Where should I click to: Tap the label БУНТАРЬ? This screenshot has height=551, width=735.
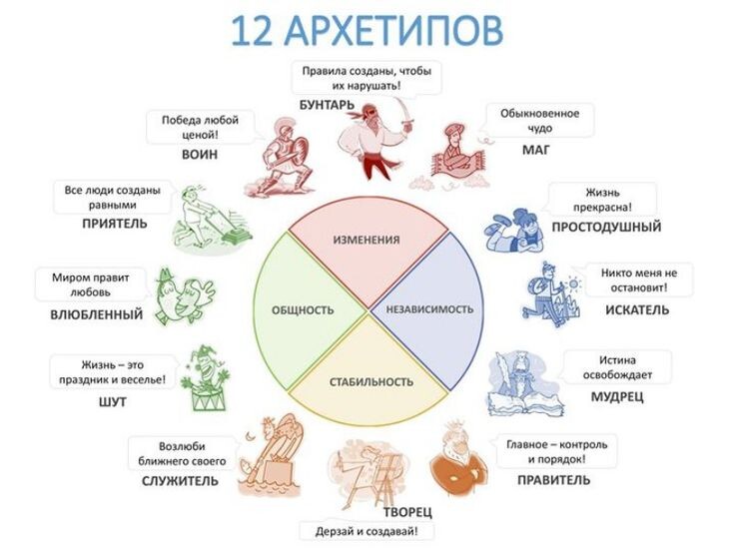(x=327, y=105)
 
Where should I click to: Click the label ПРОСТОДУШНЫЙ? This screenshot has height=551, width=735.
(x=606, y=227)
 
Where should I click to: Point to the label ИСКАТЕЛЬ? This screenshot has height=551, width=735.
(x=636, y=309)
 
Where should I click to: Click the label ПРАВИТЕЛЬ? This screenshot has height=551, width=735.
(x=553, y=479)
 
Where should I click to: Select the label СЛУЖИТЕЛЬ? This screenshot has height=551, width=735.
(x=180, y=480)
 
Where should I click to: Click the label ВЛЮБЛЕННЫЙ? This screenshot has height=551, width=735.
(x=96, y=314)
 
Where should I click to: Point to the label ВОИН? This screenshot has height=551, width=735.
(x=200, y=155)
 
